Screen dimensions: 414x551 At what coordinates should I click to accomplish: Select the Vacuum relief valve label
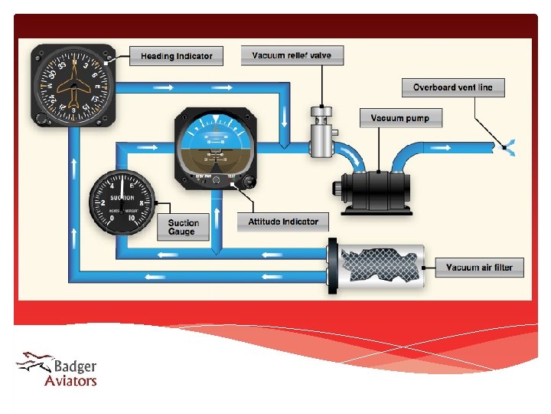click(x=292, y=55)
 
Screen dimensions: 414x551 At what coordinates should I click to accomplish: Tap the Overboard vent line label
click(x=453, y=87)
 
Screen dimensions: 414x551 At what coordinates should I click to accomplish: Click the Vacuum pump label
click(x=400, y=118)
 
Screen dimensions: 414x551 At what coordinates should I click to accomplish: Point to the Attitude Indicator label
click(x=283, y=222)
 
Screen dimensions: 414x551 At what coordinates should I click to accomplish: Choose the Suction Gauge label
click(x=184, y=228)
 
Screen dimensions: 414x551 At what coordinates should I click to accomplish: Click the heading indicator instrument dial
click(x=73, y=84)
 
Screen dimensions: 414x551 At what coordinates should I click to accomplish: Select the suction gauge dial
click(x=122, y=205)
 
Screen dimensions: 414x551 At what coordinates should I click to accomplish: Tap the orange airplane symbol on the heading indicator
click(x=73, y=84)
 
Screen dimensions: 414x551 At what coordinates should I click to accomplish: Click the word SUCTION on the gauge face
click(x=122, y=198)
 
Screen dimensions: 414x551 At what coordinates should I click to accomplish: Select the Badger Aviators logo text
click(x=74, y=373)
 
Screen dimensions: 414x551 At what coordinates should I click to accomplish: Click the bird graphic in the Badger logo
click(x=34, y=361)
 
